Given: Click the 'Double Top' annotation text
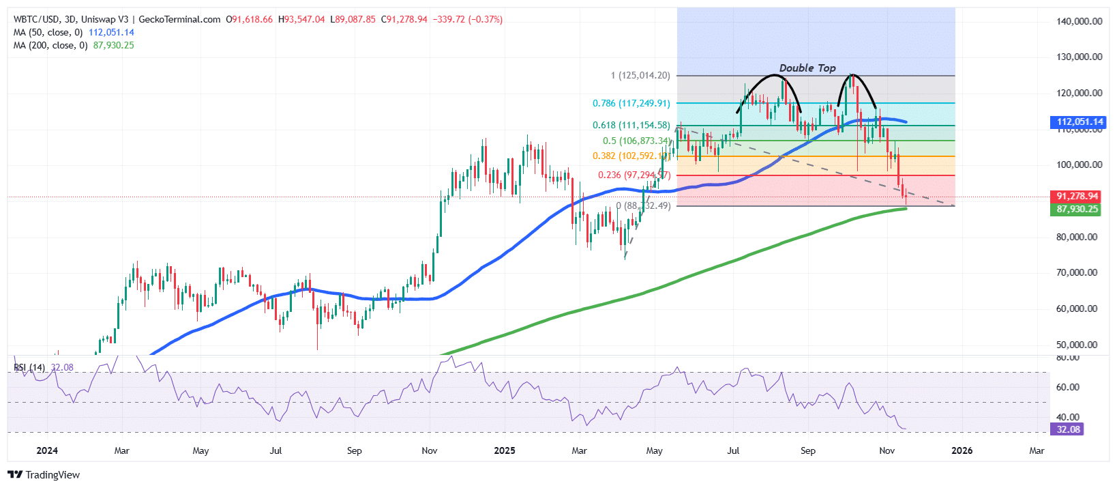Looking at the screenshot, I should tap(807, 68).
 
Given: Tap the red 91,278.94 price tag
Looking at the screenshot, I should tap(1077, 197).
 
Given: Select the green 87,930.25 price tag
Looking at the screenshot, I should tap(1077, 210).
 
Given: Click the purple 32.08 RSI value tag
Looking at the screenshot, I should tap(1068, 429).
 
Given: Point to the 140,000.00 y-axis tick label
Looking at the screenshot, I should tap(1079, 21).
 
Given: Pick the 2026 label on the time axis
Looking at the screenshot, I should tap(962, 450).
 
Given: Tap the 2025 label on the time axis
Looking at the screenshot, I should tap(505, 450).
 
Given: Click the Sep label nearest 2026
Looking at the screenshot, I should tap(808, 450).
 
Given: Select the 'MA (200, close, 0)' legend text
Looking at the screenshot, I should tap(50, 46).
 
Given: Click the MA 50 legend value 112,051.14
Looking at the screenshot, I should tap(111, 33).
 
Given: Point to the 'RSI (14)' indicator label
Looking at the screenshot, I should tap(29, 368).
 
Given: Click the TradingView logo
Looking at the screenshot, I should tap(44, 475).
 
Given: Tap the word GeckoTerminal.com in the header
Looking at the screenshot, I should tap(184, 20).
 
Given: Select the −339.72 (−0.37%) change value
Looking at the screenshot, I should tap(468, 20).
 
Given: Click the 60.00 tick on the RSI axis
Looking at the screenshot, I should tap(1068, 387).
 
